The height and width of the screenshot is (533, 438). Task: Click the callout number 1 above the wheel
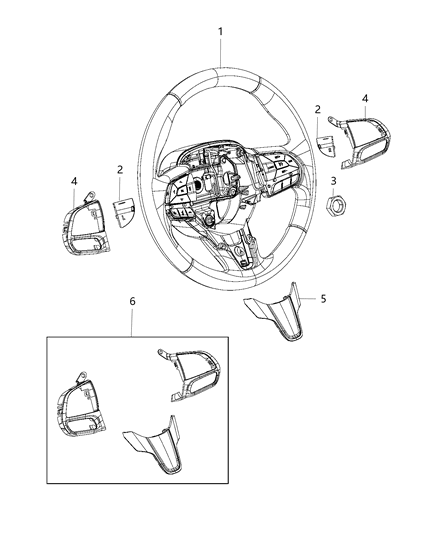(220, 32)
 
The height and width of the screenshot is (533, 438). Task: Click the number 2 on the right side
(317, 110)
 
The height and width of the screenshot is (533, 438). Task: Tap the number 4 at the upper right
(365, 98)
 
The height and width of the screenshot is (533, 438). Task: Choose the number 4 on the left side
(75, 181)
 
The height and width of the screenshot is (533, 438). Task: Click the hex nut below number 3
(338, 205)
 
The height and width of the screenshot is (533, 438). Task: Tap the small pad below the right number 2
(328, 142)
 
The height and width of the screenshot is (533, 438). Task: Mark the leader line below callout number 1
(220, 53)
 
